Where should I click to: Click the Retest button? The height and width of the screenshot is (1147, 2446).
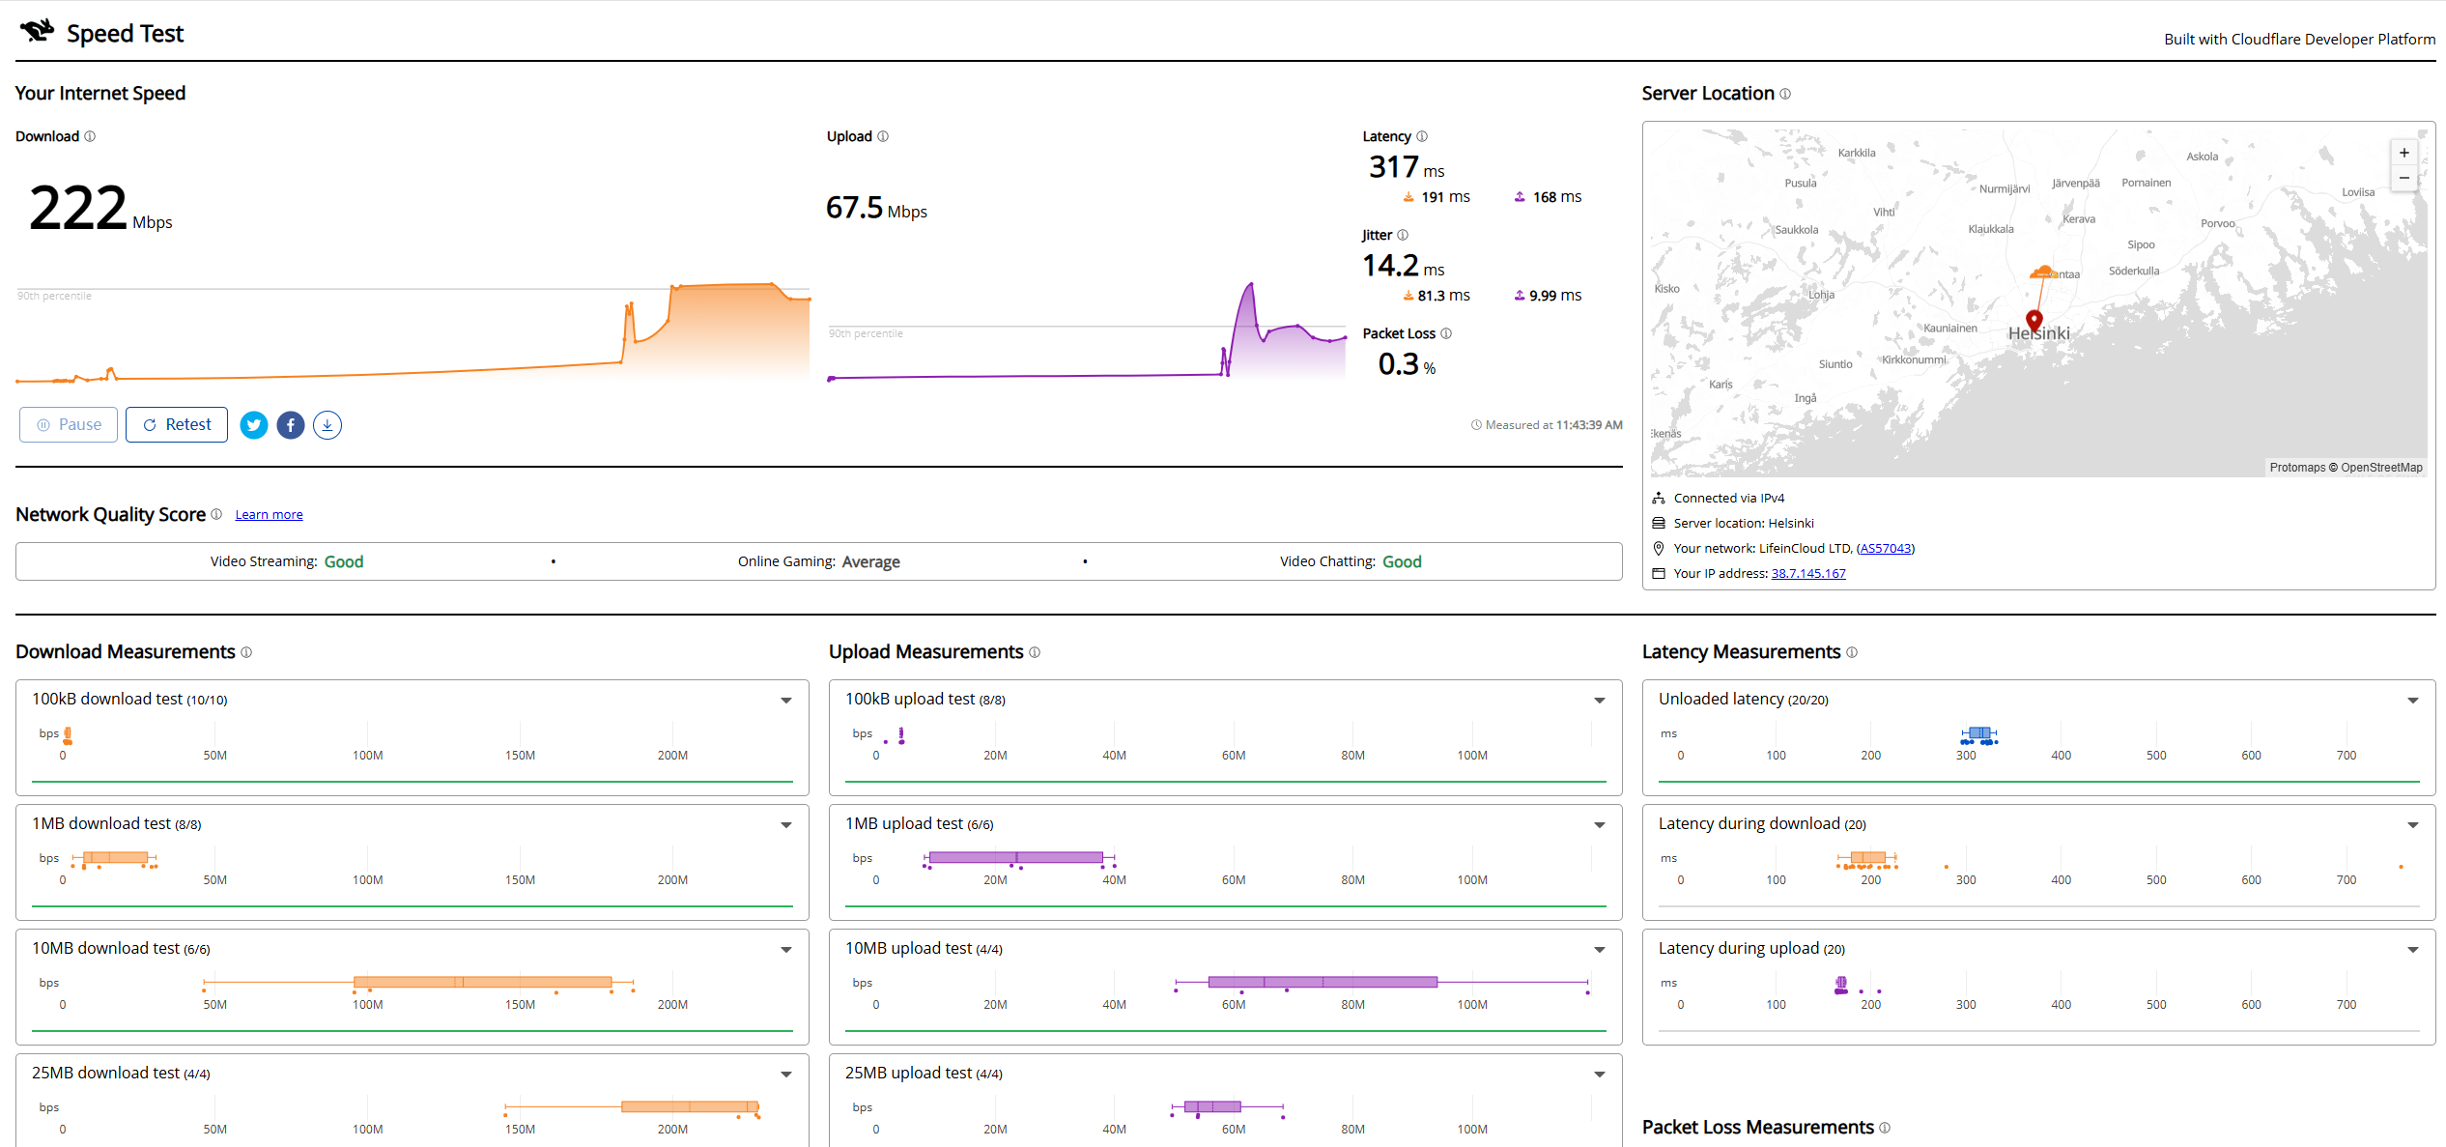coord(177,425)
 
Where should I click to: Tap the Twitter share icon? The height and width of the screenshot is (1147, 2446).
coord(254,425)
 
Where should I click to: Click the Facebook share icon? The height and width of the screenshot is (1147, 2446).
coord(291,425)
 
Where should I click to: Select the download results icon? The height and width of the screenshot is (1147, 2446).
coord(327,425)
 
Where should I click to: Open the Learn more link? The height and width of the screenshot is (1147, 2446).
coord(269,515)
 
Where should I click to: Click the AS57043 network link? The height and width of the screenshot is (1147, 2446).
coord(1885,549)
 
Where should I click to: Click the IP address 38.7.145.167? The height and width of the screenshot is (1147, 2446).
coord(1808,574)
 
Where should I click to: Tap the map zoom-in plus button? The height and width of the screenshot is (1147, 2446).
coord(2404,153)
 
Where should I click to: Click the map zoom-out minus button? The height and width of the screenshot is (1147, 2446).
coord(2404,178)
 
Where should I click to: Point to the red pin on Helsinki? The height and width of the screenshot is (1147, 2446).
coord(2034,321)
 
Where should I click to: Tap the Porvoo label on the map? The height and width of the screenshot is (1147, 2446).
coord(2218,224)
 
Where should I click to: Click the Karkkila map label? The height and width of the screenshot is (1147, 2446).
coord(1857,153)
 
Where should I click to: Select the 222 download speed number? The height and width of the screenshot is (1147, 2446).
coord(78,209)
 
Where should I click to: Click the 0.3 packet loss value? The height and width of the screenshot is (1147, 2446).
coord(1399,364)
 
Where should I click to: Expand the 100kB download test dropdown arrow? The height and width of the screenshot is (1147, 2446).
coord(786,701)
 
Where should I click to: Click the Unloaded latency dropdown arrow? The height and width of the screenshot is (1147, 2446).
coord(2413,701)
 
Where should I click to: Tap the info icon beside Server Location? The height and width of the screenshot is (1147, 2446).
coord(1785,94)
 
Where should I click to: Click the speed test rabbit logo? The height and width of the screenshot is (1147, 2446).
coord(38,31)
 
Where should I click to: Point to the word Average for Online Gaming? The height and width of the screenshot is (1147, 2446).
coord(871,562)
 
